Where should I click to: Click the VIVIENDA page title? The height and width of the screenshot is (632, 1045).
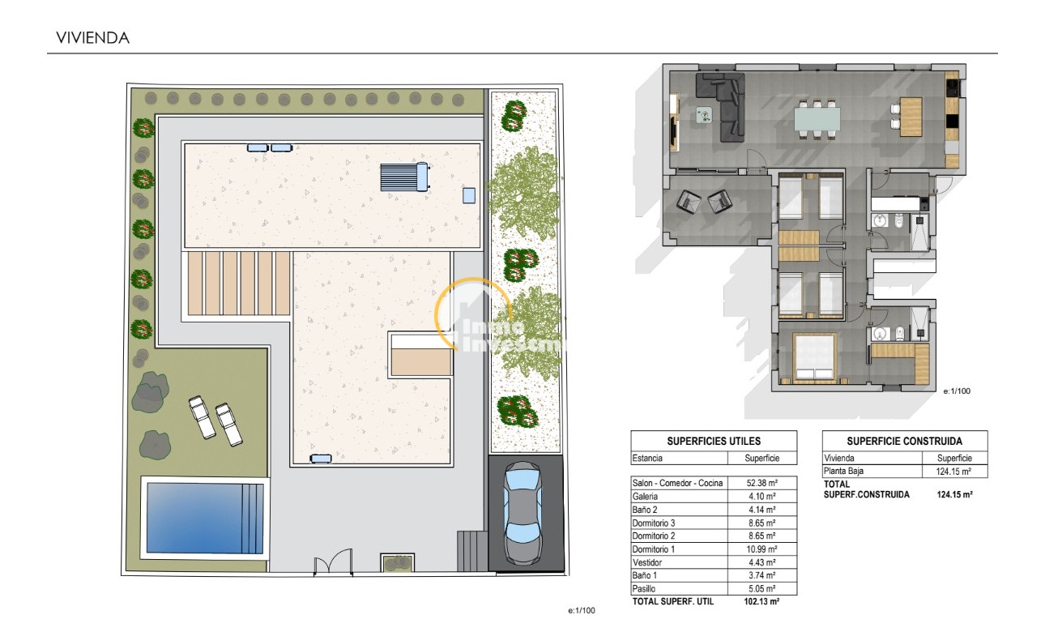[92, 37]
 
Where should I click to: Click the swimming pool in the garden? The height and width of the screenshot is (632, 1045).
[203, 517]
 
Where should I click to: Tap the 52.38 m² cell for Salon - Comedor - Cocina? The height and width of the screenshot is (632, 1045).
[761, 483]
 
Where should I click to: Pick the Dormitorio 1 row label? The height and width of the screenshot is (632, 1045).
[654, 549]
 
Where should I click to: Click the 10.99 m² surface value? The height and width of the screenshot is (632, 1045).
[761, 549]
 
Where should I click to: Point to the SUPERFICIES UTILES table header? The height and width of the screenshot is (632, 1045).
[714, 441]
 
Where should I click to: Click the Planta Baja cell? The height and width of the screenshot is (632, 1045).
[843, 472]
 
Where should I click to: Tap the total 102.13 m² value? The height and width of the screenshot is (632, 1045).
[761, 602]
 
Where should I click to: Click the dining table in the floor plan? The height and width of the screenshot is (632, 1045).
[817, 119]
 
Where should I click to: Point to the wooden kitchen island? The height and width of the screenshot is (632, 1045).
[911, 117]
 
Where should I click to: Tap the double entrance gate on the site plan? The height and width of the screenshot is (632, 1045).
[334, 562]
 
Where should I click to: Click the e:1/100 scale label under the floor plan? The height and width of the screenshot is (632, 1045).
[957, 391]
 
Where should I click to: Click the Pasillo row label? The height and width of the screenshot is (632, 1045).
[645, 588]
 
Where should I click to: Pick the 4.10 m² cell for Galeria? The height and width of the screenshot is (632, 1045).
[761, 496]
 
